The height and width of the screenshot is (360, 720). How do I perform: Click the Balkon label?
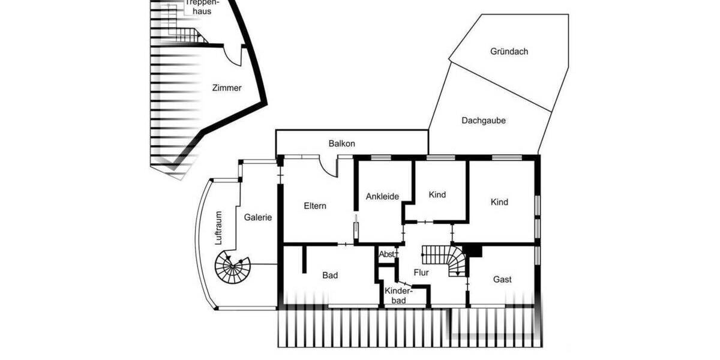click(341, 144)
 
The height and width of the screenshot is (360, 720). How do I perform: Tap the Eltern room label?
click(315, 206)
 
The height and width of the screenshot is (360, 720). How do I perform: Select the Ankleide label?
click(382, 196)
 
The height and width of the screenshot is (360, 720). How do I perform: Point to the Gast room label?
click(502, 279)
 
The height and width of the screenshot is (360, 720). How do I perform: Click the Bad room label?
click(330, 275)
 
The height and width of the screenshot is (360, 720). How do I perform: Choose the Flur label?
click(421, 272)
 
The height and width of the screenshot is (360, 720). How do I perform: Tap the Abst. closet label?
click(387, 254)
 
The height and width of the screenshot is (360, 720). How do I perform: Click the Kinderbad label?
click(399, 295)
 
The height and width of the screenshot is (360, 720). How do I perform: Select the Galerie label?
click(258, 217)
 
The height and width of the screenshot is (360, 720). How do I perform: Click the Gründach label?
click(509, 52)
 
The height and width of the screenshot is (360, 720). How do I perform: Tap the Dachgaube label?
click(484, 121)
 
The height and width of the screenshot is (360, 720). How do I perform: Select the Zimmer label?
click(227, 88)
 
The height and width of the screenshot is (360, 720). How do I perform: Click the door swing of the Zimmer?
click(232, 56)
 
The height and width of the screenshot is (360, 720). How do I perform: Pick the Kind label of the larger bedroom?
click(499, 202)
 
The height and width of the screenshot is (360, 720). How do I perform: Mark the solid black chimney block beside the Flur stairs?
click(473, 250)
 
